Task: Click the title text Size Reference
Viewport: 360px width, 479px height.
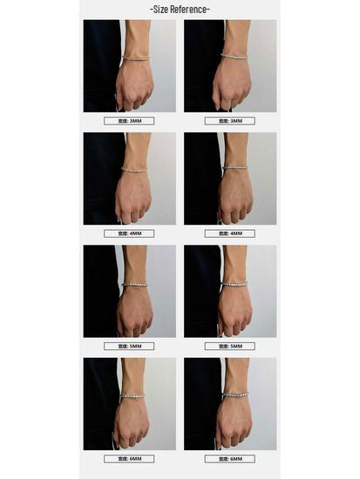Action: [x=180, y=9]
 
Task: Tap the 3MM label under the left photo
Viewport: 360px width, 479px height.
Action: [x=129, y=121]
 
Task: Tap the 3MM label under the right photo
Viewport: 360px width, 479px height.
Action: [x=229, y=121]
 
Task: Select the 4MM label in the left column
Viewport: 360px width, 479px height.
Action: [x=129, y=233]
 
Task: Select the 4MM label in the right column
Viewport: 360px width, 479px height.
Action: [x=229, y=233]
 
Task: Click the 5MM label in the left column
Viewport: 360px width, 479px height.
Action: [x=129, y=346]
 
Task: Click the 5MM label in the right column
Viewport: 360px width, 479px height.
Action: [x=229, y=346]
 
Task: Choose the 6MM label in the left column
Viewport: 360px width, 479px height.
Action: [x=129, y=458]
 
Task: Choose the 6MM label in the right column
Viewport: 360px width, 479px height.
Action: [x=229, y=458]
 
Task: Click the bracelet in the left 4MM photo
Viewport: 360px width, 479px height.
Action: [x=135, y=170]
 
